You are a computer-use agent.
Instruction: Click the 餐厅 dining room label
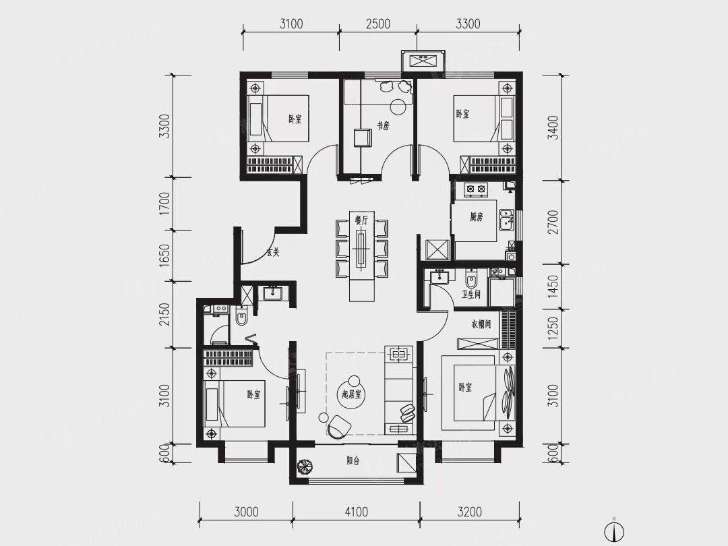361,221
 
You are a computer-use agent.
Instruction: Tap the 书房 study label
383,125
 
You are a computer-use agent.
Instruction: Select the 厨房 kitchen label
477,216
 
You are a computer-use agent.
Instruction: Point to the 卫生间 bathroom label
471,295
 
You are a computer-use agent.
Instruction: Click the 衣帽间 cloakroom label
481,324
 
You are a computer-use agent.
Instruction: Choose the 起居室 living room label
351,394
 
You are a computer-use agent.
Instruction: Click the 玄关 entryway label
273,253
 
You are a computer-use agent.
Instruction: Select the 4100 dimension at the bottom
357,512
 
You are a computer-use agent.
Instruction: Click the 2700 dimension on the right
553,222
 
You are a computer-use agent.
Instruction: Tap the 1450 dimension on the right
553,288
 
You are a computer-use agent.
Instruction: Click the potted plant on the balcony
305,466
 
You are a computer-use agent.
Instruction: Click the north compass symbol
614,530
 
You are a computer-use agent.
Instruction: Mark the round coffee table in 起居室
352,394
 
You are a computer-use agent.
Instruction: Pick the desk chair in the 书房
362,138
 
